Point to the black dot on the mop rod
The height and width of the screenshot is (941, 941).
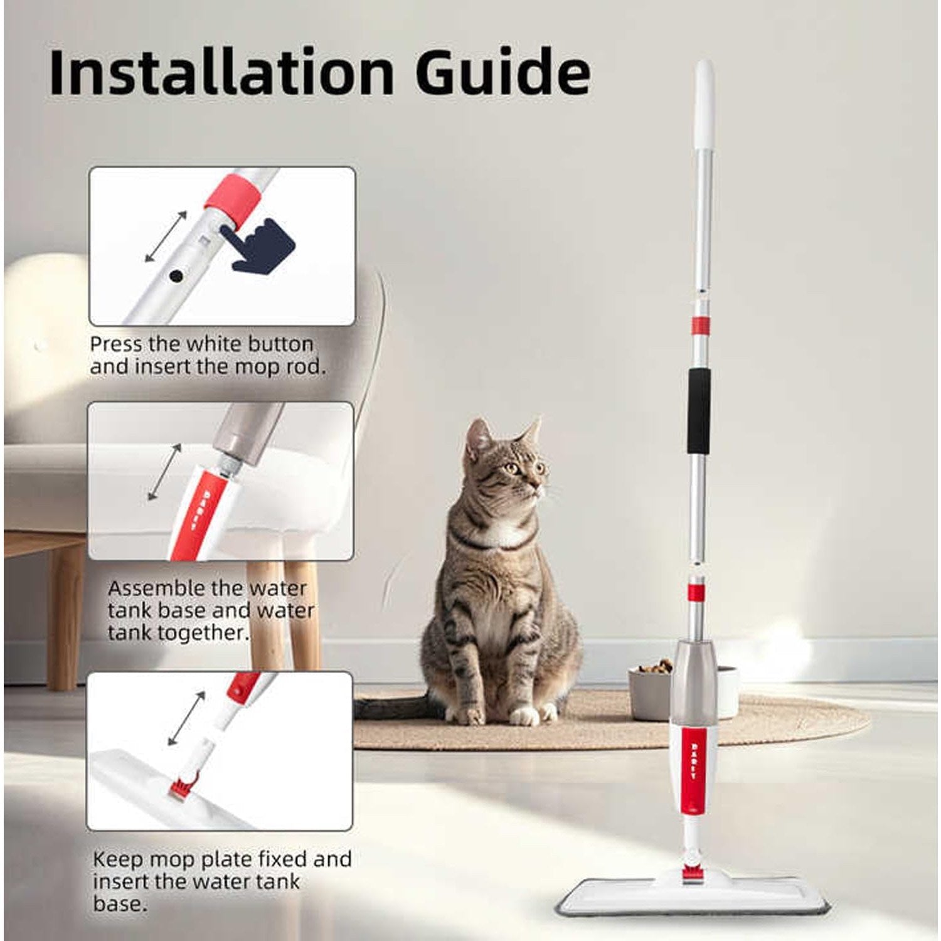[x=176, y=275]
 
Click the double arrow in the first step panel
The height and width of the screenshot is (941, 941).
[x=166, y=237]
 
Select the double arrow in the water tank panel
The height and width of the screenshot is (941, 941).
[x=164, y=472]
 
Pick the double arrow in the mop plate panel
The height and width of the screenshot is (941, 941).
[x=186, y=719]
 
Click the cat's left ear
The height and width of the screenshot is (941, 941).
[x=479, y=433]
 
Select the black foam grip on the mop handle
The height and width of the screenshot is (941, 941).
[x=699, y=411]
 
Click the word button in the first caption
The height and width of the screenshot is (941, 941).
[x=280, y=344]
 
